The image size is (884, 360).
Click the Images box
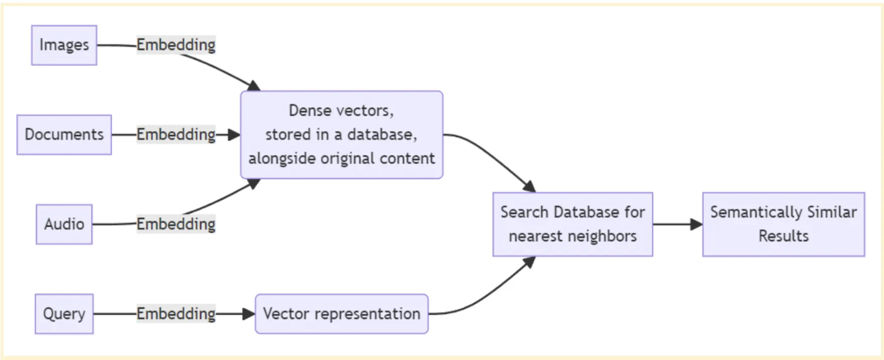[64, 45]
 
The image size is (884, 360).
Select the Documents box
[64, 135]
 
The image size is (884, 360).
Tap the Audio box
[64, 224]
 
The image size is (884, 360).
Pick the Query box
[64, 314]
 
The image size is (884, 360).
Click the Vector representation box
[341, 314]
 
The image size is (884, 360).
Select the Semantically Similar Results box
[783, 224]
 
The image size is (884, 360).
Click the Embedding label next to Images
[176, 45]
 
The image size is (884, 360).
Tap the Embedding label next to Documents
[176, 134]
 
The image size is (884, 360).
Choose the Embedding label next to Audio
[176, 224]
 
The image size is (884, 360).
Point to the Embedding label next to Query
[176, 313]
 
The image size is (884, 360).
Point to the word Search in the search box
[524, 212]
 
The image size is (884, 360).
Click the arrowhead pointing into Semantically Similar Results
[696, 224]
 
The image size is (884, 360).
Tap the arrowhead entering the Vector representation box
[248, 314]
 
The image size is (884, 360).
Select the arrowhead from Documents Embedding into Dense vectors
[234, 135]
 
